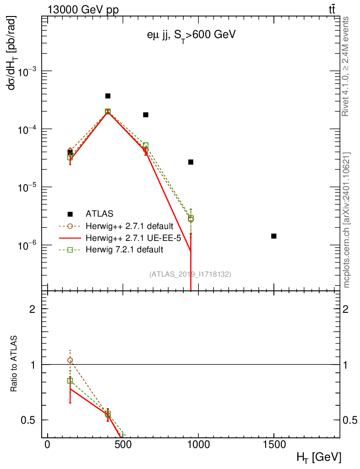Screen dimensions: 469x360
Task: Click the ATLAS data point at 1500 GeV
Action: (x=274, y=236)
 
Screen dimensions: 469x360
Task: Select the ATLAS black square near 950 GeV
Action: (x=191, y=162)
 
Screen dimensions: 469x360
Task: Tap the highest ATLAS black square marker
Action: (x=108, y=96)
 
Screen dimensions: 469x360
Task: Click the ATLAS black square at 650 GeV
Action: (x=146, y=115)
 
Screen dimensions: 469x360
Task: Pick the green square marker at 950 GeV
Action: (x=191, y=218)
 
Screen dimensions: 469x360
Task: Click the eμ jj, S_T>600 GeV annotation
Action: (x=189, y=36)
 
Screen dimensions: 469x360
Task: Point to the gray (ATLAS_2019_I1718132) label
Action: (x=190, y=274)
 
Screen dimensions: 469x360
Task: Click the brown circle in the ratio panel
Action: (x=70, y=360)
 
